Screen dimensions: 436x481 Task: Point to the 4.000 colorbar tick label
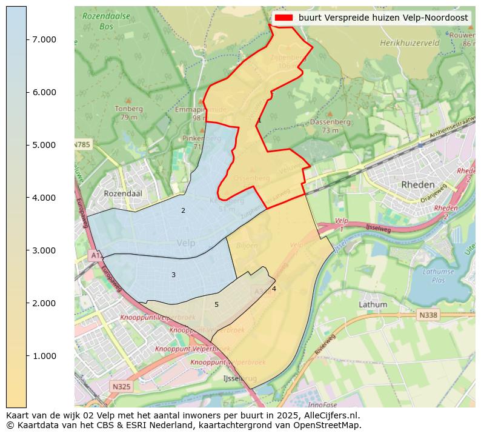coord(44,198)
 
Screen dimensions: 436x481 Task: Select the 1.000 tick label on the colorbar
coord(44,356)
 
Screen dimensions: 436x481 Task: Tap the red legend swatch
coord(283,18)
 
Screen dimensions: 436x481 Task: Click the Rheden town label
coord(417,184)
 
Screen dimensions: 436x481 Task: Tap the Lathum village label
coord(373,304)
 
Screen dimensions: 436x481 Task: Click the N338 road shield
coord(428,315)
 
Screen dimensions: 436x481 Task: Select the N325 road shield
coord(121,386)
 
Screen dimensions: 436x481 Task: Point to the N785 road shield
coord(82,145)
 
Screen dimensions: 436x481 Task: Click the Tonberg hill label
coord(128,109)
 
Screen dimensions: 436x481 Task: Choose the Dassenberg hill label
coord(330,122)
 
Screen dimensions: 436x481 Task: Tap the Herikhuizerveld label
coord(410,44)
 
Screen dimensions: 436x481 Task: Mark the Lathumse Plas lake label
coord(439,276)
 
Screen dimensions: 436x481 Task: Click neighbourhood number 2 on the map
coord(183,211)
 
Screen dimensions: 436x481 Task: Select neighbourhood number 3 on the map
coord(173,275)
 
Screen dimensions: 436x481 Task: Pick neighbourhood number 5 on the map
coord(216,305)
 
